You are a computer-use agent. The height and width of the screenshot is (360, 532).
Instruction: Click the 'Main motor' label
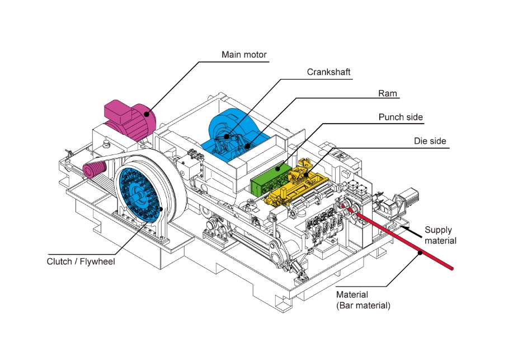(244, 55)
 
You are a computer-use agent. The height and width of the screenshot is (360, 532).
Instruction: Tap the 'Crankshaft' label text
(328, 72)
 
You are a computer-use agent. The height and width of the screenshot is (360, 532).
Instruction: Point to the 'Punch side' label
(401, 118)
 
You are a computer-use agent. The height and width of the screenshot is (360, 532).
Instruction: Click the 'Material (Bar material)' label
(363, 301)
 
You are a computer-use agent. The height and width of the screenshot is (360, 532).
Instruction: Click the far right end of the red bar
(452, 269)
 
